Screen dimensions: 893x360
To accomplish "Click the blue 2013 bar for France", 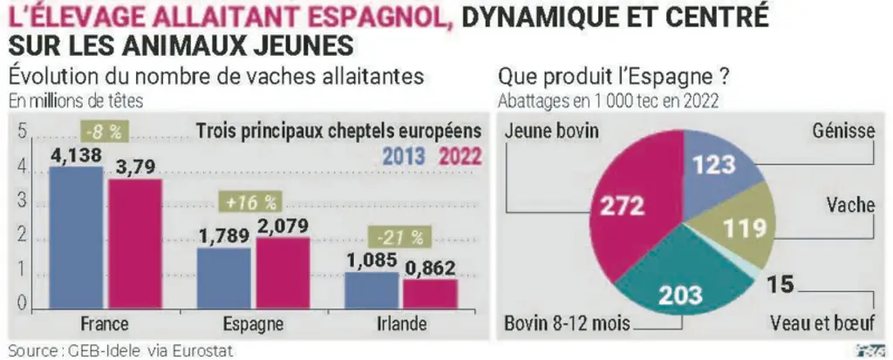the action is [77, 238].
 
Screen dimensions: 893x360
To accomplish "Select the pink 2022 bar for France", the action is [135, 244].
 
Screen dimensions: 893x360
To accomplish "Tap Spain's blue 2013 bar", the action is [224, 279].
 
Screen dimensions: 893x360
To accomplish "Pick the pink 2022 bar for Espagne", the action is [283, 274].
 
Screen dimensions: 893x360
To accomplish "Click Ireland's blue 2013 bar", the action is [372, 290].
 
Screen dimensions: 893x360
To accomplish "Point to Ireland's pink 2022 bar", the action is [431, 295].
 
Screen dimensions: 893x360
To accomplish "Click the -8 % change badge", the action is [106, 132].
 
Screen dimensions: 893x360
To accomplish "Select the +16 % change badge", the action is [251, 202].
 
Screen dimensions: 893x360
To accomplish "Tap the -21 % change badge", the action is [400, 237].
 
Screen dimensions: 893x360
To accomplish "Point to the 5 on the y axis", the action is [23, 132].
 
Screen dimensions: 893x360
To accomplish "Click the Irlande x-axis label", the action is [401, 324].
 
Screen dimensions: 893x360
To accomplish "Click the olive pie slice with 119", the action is [740, 228].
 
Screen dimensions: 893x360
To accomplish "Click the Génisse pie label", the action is [843, 132].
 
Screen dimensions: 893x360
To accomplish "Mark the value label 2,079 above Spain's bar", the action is [283, 226].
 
